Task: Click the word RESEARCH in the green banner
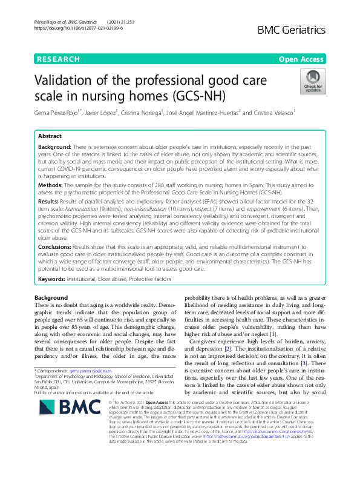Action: (58, 59)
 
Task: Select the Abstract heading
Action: (51, 136)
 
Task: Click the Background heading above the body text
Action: (51, 298)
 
